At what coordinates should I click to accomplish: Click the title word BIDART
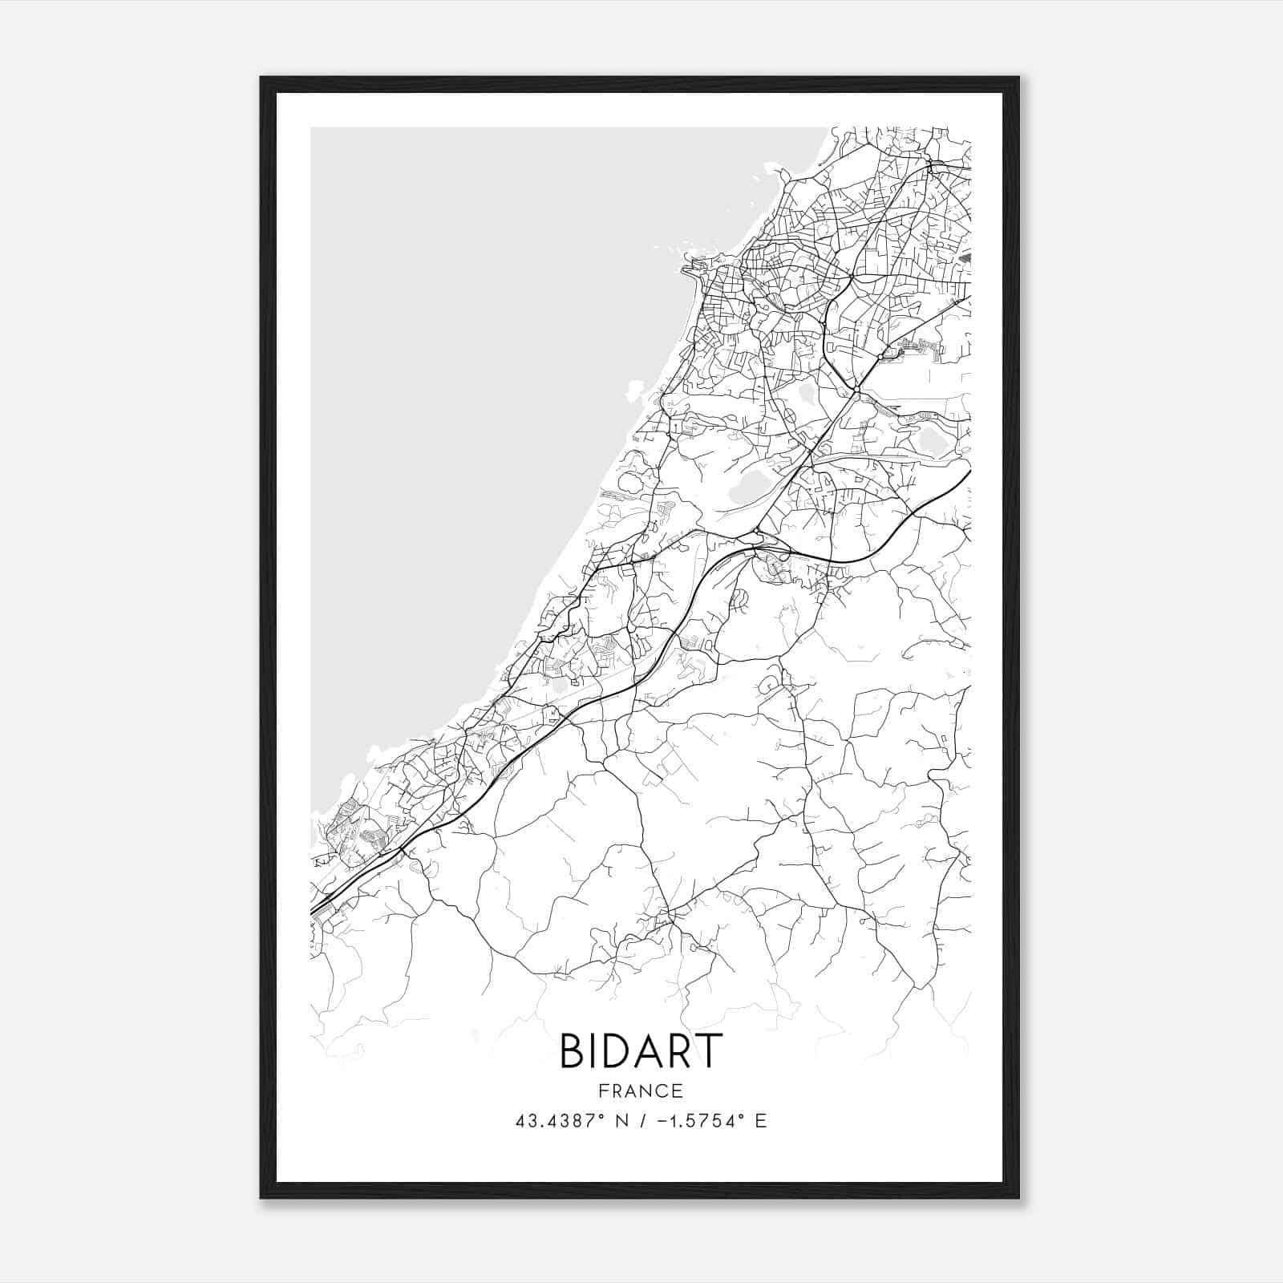coord(641,1050)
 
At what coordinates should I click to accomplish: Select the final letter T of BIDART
coord(709,1050)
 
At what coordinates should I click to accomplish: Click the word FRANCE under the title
coord(641,1091)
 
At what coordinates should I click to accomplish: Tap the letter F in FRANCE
coord(604,1091)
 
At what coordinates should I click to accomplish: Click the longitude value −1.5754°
coord(696,1120)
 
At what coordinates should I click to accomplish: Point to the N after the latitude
coord(618,1120)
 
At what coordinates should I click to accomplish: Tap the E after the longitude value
coord(761,1120)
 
